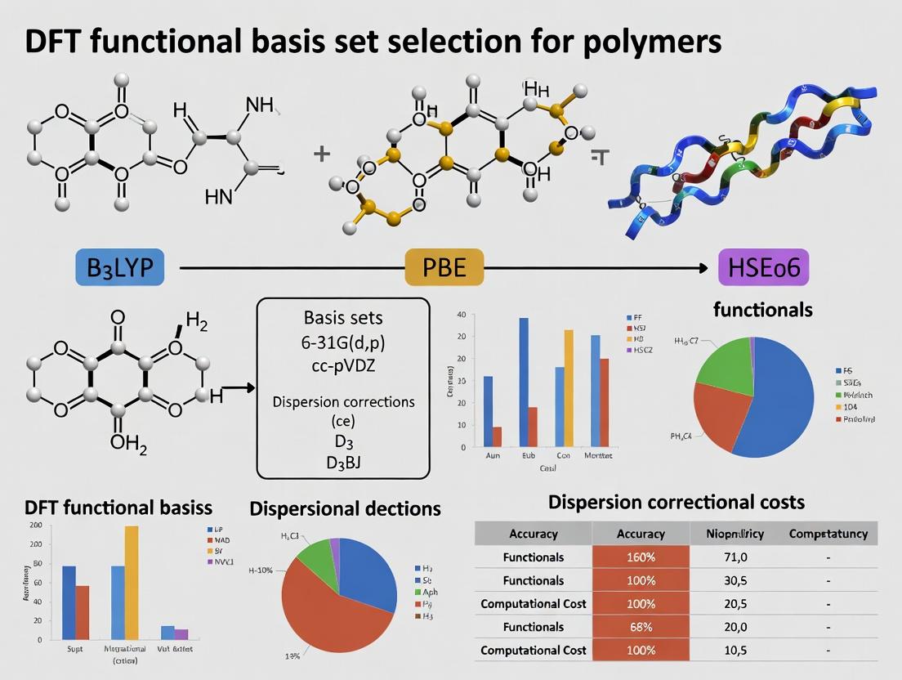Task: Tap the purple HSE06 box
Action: [x=763, y=267]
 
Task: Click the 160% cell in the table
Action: [x=641, y=557]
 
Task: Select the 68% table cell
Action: [x=641, y=627]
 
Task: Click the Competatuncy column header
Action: [x=828, y=534]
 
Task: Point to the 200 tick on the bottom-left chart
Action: [x=35, y=526]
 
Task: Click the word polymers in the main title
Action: [x=649, y=42]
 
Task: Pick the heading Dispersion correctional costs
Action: [x=676, y=502]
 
